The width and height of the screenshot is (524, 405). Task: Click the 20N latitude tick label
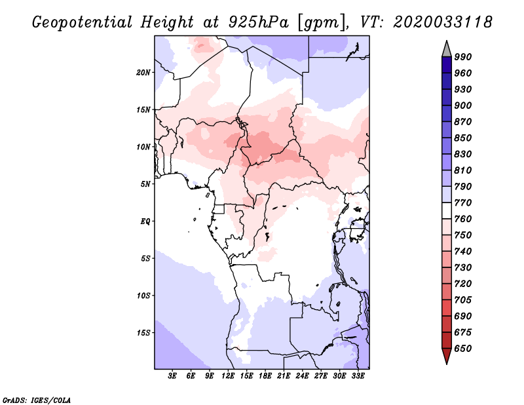click(143, 73)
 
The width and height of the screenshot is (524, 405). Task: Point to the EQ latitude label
click(145, 222)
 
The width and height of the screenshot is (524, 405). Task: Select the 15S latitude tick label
click(143, 333)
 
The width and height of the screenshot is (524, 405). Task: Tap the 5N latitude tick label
click(145, 184)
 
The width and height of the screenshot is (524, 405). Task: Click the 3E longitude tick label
click(172, 376)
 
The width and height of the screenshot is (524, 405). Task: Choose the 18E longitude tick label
click(265, 376)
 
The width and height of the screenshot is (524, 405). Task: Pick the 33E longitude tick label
click(358, 376)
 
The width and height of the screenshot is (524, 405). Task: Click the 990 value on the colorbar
click(463, 57)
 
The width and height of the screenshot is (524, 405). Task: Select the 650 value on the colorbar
click(463, 349)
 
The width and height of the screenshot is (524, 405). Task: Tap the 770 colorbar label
click(463, 202)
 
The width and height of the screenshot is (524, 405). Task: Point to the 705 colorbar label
click(463, 300)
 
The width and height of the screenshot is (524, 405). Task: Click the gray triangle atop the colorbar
click(447, 50)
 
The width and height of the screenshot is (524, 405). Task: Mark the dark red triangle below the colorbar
click(447, 355)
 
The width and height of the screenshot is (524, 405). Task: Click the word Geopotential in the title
click(83, 22)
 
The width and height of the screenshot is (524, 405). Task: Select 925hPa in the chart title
click(259, 22)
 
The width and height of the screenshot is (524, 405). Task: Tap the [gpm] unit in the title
click(322, 23)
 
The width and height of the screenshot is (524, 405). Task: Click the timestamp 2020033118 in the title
click(443, 22)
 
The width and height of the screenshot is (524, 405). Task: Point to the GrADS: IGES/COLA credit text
click(37, 400)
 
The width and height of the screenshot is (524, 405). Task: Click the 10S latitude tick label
click(143, 296)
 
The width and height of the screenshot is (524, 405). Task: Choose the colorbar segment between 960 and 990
click(447, 65)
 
